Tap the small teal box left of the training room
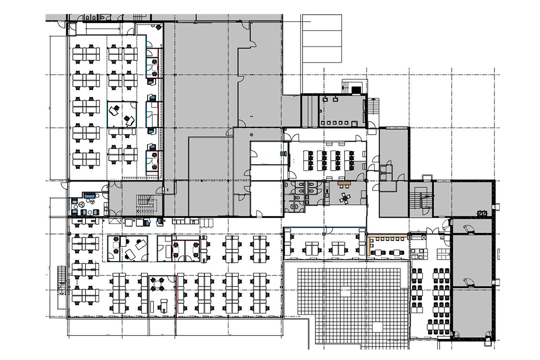tap(283, 153)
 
